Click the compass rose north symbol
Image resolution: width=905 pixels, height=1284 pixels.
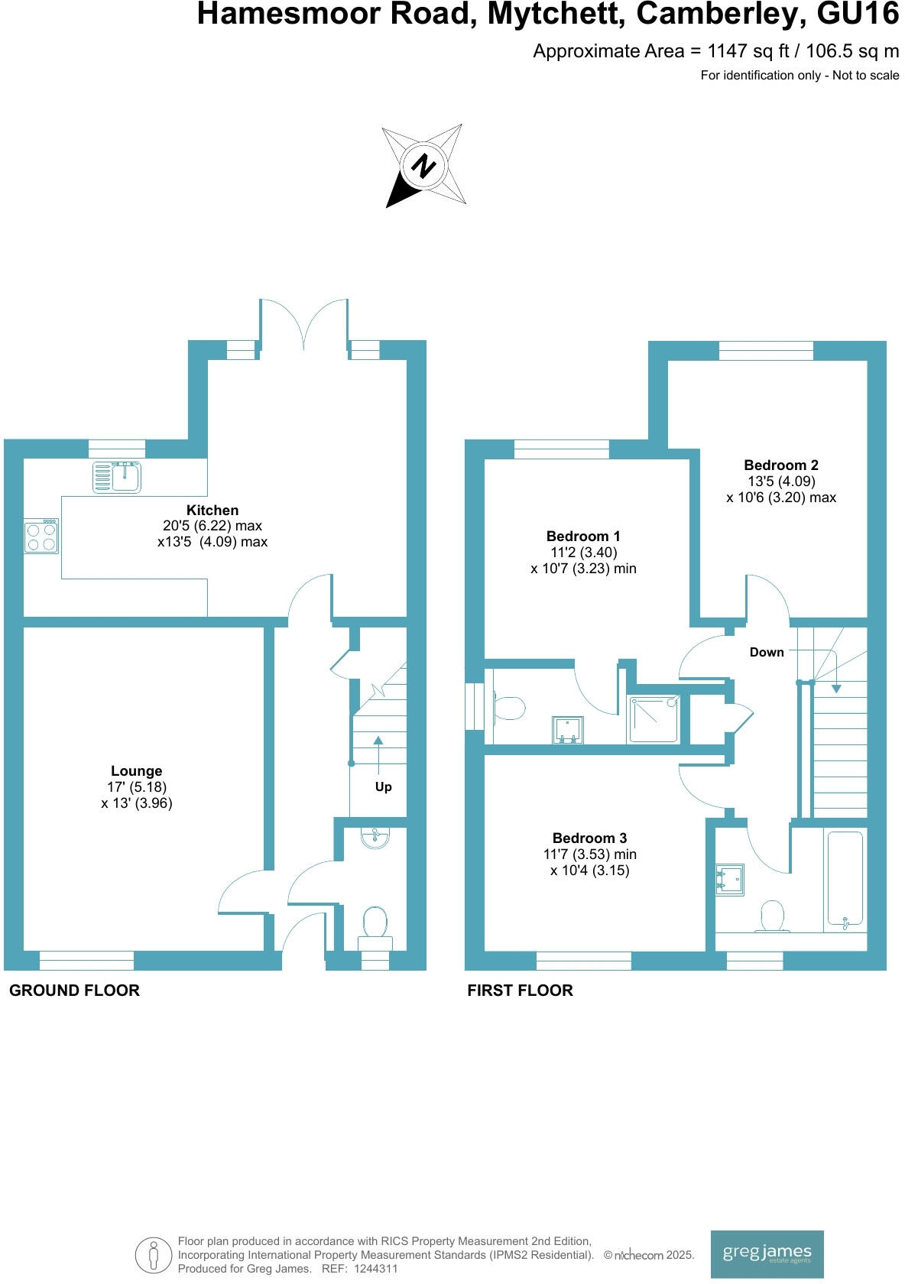(423, 165)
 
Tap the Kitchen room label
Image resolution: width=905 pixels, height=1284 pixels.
(212, 510)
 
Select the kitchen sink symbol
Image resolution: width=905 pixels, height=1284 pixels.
(117, 477)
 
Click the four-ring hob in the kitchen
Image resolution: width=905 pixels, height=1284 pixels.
(41, 535)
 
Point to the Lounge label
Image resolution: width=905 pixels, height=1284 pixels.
(136, 771)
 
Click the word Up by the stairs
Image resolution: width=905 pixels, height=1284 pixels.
(383, 786)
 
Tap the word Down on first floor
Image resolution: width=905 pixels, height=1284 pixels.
(766, 652)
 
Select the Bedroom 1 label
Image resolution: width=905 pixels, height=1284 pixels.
(583, 536)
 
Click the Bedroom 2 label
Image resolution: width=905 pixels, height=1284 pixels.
(780, 465)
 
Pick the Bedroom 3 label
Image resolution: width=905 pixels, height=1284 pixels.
(589, 838)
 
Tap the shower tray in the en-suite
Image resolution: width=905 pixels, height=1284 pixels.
(654, 718)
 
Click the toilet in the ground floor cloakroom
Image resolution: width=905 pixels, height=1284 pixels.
(375, 923)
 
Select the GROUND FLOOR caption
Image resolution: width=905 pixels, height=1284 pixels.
(74, 991)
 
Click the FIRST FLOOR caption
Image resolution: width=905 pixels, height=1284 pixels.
(520, 991)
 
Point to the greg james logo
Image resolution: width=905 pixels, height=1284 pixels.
(767, 1253)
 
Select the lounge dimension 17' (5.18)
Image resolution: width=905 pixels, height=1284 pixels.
(137, 787)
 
